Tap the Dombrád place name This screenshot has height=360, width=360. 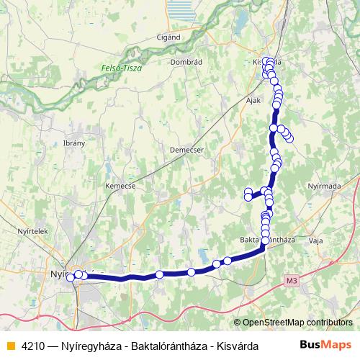point(184,62)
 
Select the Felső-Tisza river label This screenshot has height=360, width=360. point(121,68)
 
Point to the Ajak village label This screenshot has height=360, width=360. point(253,101)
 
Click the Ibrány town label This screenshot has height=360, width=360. point(75,143)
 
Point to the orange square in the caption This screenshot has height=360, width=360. point(9,345)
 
